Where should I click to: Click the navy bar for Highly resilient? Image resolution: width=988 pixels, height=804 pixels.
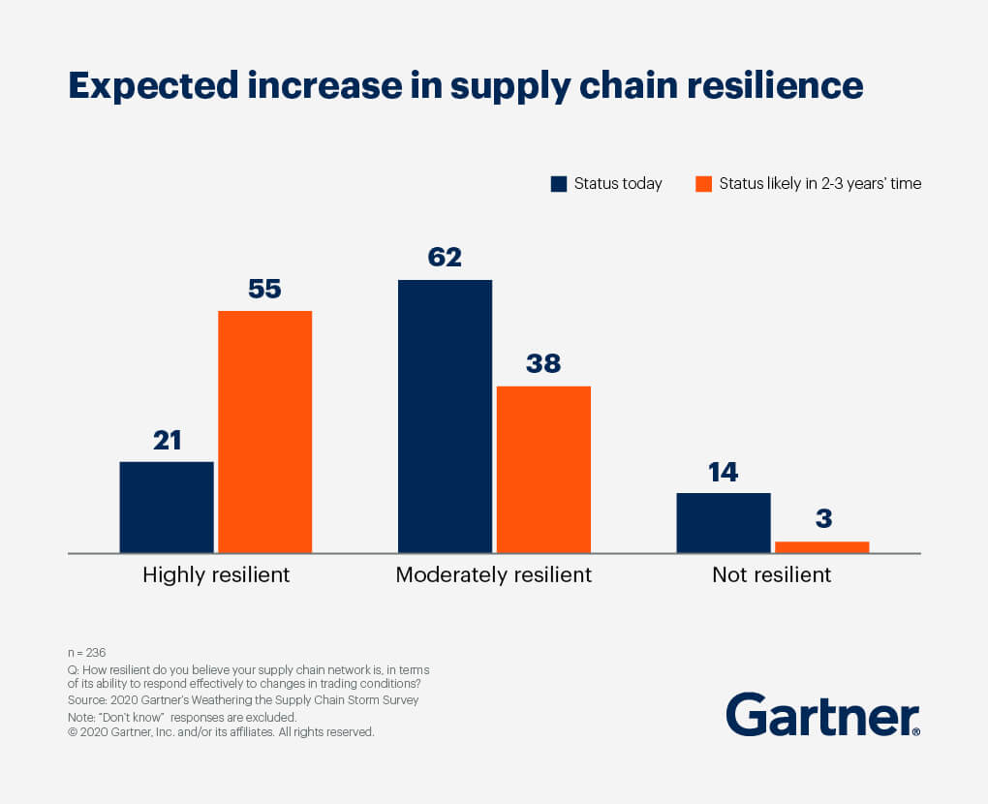167,507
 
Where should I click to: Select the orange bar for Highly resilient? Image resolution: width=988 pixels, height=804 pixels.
264,431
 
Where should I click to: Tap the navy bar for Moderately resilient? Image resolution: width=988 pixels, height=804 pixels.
445,416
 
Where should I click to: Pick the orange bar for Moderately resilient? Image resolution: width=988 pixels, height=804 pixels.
543,469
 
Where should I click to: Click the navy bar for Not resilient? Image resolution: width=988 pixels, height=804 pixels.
724,522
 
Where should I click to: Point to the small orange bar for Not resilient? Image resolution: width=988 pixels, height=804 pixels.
822,547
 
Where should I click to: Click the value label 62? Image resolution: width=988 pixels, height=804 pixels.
445,258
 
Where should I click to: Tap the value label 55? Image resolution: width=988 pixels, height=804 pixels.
264,289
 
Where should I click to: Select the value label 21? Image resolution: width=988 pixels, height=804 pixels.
167,440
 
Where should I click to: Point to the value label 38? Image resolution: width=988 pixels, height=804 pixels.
543,364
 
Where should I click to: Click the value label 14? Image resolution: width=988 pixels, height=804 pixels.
724,472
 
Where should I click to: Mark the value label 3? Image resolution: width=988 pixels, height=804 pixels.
823,518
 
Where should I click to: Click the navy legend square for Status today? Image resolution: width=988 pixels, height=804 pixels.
559,184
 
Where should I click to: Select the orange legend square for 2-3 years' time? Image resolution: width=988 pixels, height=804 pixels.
704,184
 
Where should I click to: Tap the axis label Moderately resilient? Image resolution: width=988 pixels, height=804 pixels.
493,574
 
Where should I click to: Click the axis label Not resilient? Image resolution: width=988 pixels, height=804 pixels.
771,574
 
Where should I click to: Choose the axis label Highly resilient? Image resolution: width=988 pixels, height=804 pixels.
216,574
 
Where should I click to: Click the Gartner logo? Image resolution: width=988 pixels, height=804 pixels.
822,716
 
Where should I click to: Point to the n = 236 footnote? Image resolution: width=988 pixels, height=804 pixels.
86,653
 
